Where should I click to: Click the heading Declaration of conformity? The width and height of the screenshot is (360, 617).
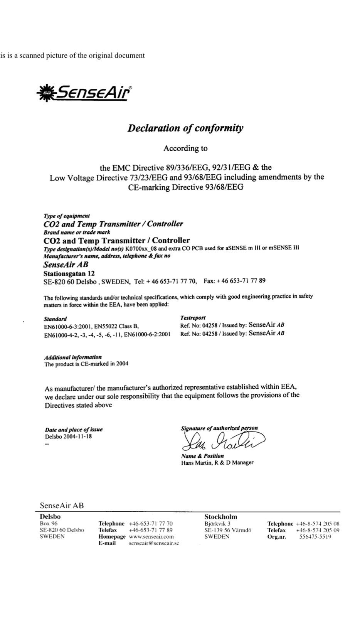[x=185, y=128]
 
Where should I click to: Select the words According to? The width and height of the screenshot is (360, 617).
[x=185, y=148]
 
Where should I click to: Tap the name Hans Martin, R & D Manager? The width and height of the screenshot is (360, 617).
[x=217, y=463]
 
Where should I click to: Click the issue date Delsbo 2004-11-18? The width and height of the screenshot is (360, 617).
[x=68, y=437]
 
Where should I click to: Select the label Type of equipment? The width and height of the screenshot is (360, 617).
[x=67, y=216]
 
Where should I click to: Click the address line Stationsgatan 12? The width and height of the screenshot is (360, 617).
[x=69, y=273]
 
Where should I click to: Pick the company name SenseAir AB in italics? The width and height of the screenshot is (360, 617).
[x=66, y=265]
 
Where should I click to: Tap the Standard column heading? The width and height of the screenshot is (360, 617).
[x=56, y=319]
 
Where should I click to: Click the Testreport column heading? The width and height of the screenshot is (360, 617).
[x=193, y=318]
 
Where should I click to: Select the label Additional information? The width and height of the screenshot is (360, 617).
[x=73, y=357]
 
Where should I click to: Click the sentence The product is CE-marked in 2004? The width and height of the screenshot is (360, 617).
[x=86, y=364]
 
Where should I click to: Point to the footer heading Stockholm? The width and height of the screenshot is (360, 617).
[x=220, y=517]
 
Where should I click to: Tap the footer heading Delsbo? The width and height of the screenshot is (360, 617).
[x=50, y=516]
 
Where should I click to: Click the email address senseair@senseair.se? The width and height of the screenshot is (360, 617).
[x=154, y=543]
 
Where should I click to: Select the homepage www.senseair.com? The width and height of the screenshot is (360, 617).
[x=151, y=536]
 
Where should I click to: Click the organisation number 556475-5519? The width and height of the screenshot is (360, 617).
[x=315, y=536]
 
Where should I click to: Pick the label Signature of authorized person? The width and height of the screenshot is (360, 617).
[x=219, y=428]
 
